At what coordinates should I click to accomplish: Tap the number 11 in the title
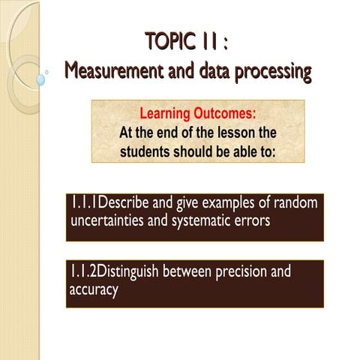click(x=212, y=40)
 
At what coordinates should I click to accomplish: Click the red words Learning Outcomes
click(x=198, y=114)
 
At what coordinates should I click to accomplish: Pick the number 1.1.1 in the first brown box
click(x=85, y=203)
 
